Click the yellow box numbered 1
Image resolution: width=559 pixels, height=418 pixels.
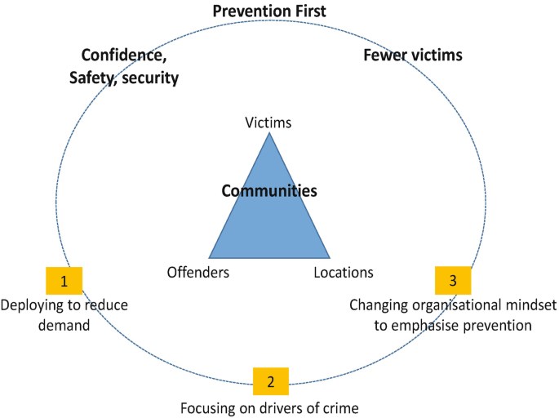(64, 282)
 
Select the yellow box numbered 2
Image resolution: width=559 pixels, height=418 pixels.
(271, 380)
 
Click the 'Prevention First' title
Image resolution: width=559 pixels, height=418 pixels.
(269, 11)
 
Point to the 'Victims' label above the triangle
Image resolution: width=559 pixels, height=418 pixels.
(268, 123)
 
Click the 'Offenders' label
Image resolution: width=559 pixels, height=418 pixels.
(197, 273)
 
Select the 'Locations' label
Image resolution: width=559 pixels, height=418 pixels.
(343, 273)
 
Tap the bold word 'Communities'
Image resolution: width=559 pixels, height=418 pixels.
(269, 191)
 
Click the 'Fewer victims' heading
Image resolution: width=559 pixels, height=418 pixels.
(413, 56)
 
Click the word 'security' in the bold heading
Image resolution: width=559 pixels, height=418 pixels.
(150, 78)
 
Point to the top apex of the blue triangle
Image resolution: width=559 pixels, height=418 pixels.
(269, 133)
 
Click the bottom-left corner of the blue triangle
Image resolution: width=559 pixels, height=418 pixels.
(210, 256)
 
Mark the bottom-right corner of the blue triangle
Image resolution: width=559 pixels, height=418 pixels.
(329, 256)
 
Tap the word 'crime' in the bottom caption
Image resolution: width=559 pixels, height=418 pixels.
(340, 406)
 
